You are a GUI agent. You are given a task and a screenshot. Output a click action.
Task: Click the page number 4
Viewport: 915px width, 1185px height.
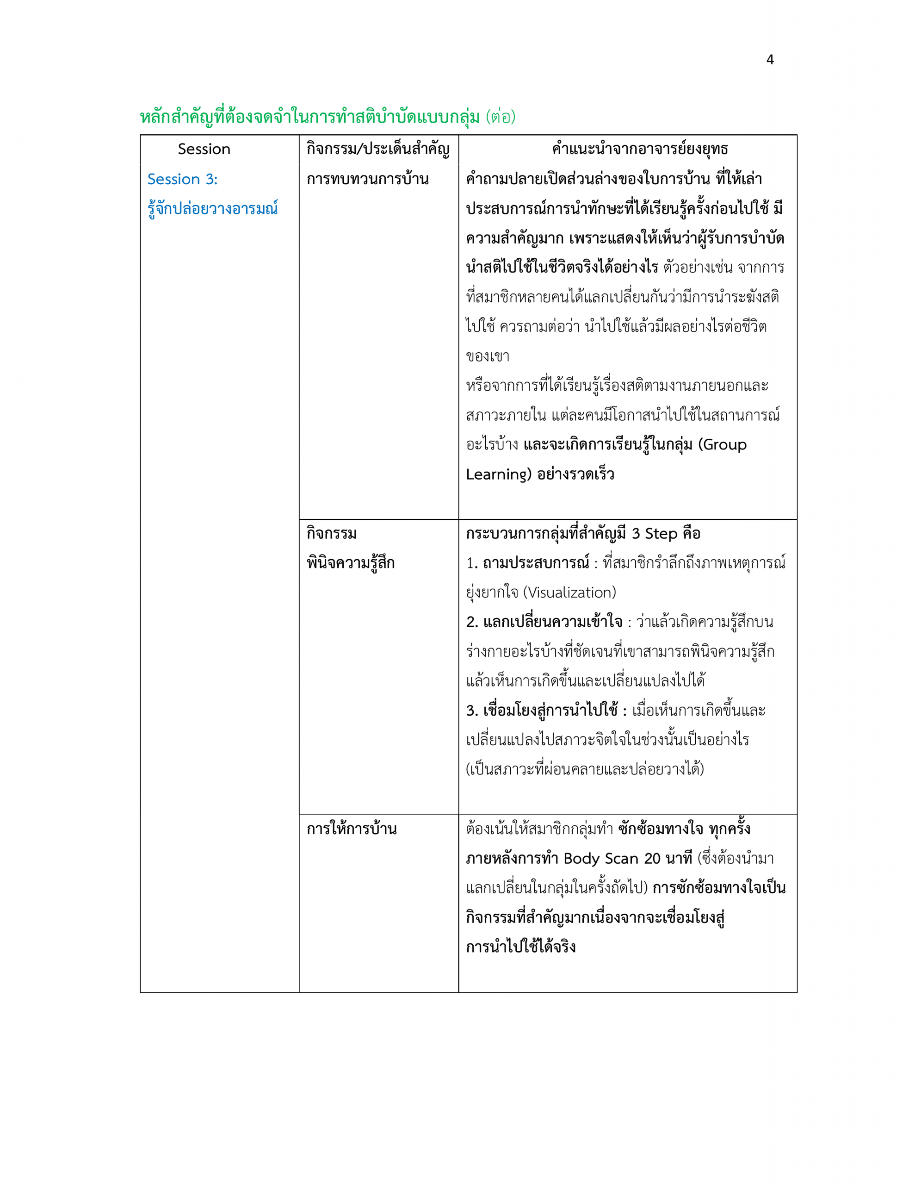pos(770,60)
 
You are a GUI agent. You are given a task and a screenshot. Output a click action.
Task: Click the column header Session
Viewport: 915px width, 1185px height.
pos(204,149)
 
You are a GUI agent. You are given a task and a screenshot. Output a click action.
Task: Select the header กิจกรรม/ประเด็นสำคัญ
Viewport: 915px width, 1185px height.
pos(377,149)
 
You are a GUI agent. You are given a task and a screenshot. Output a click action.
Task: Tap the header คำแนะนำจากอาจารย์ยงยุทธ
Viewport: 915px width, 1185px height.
pos(639,149)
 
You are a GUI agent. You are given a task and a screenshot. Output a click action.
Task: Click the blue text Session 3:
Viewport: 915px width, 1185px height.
pos(182,180)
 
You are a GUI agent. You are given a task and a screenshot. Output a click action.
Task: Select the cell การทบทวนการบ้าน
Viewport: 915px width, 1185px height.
pos(367,180)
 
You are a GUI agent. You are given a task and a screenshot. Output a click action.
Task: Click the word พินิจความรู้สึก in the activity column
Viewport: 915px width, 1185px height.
pos(350,563)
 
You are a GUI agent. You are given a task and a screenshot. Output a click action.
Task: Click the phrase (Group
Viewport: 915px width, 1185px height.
pos(722,445)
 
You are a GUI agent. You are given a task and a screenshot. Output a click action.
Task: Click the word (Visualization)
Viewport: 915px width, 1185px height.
pos(569,592)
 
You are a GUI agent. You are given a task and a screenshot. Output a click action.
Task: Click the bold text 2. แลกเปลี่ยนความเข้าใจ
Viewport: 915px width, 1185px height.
pos(544,622)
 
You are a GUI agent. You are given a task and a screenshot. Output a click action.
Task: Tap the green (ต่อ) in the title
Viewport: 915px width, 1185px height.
pos(500,117)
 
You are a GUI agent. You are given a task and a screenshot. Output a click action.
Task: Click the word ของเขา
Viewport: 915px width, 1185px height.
pos(487,356)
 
